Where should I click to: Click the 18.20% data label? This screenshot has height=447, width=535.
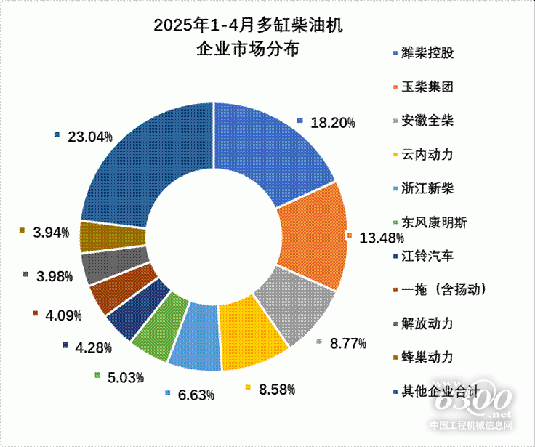[x=333, y=123]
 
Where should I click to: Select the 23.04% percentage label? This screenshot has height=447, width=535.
[x=89, y=136]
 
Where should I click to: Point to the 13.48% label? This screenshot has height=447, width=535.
[x=382, y=238]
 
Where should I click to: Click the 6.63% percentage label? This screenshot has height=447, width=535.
[x=195, y=395]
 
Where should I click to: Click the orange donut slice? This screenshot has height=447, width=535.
[x=311, y=235]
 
